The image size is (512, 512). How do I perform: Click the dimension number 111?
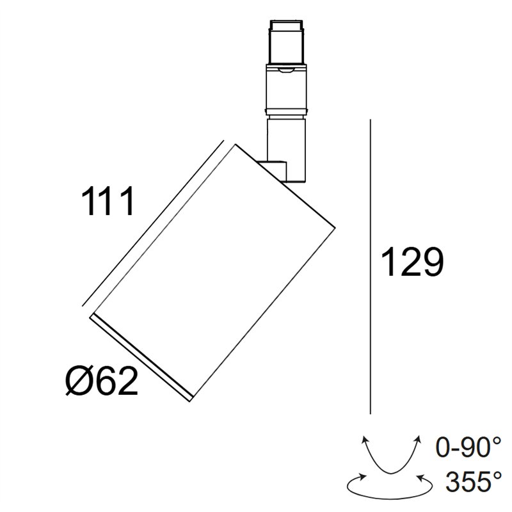point(108,201)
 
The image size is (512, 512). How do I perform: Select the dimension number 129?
point(412,262)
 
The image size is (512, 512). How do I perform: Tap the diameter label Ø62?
point(102,381)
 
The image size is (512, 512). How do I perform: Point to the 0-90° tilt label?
point(468,447)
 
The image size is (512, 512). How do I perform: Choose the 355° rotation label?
point(473,482)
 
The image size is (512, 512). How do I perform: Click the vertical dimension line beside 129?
point(371,266)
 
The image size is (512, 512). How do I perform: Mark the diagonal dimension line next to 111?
point(153,223)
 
